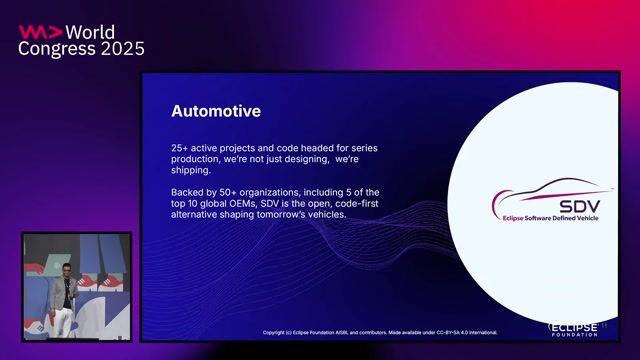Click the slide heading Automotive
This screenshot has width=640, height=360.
click(215, 111)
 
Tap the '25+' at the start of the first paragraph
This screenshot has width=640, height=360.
click(181, 148)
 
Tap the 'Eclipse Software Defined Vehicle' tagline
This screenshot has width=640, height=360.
click(552, 218)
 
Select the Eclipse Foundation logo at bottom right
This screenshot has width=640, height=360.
click(572, 328)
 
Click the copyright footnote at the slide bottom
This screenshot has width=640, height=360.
click(380, 332)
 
